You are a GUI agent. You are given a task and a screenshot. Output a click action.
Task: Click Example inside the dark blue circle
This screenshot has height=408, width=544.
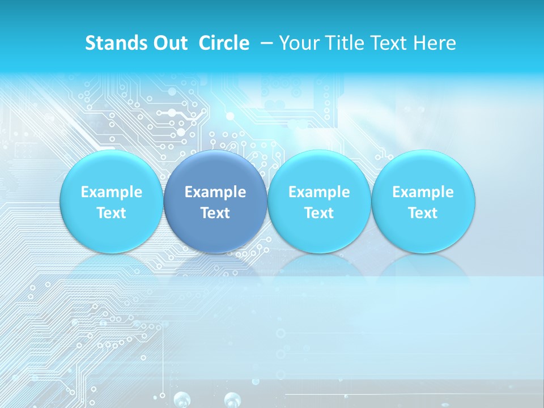[x=215, y=192]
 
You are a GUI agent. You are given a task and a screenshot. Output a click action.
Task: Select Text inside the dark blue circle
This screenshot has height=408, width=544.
[x=215, y=213]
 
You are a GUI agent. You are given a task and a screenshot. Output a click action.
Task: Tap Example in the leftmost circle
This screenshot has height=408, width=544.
[x=111, y=192]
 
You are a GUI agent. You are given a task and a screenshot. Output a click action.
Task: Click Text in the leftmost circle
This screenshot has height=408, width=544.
[x=111, y=213]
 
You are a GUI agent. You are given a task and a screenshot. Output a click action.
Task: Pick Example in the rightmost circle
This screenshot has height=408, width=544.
[x=423, y=192]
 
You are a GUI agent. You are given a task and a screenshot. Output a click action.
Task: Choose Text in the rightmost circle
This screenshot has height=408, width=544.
[x=423, y=213]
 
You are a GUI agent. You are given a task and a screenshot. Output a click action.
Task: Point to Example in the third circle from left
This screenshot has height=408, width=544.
[x=319, y=192]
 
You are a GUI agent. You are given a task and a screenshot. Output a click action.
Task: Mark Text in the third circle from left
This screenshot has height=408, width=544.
[x=319, y=213]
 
